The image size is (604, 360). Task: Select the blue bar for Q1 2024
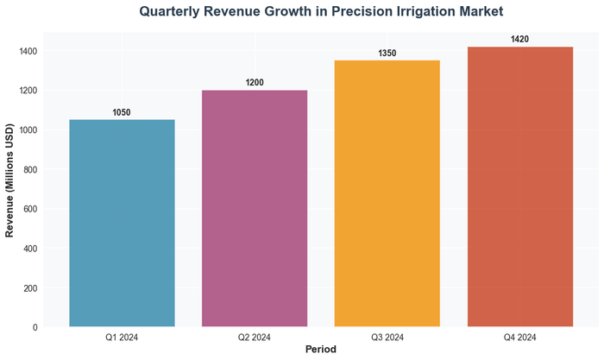(122, 224)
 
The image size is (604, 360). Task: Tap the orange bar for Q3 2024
(387, 194)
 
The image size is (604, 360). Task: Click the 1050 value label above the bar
(122, 113)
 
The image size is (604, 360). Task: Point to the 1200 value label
(255, 83)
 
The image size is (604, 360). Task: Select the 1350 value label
(387, 54)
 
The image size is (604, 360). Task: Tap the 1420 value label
(520, 40)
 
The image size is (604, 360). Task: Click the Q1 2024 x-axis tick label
(122, 337)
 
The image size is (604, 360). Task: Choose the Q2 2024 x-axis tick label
(255, 337)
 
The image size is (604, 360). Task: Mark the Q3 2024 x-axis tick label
(387, 337)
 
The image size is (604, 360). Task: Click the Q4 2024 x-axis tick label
(520, 337)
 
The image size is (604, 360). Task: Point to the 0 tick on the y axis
(34, 327)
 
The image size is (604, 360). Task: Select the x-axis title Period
(320, 350)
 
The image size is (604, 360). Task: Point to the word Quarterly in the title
(176, 12)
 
